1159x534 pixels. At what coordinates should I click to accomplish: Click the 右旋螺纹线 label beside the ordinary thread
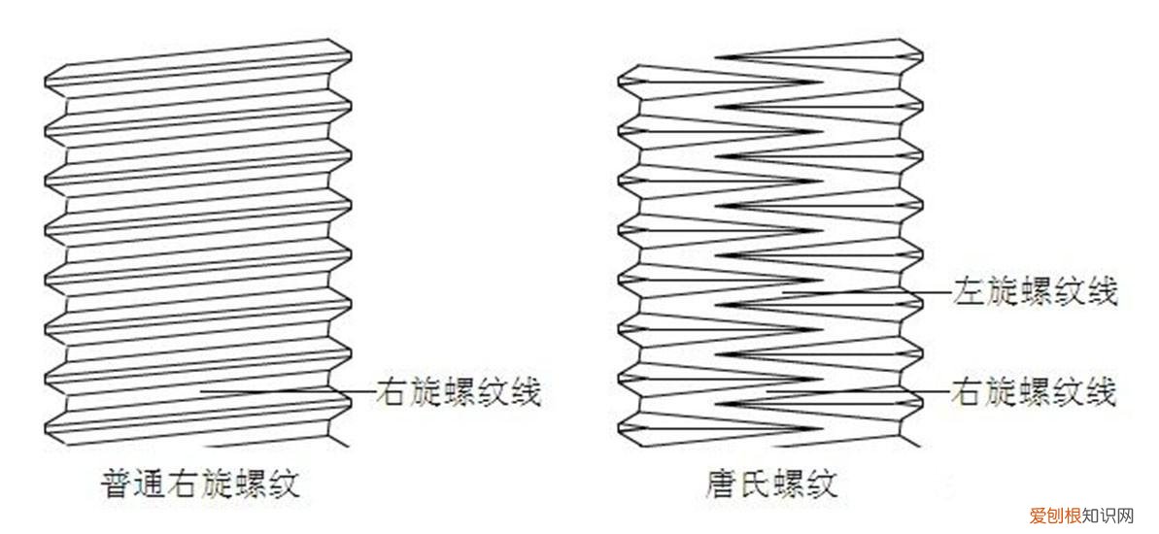pos(458,393)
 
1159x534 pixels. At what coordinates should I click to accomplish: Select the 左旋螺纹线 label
pos(1035,291)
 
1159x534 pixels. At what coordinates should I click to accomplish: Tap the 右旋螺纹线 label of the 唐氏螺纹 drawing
pos(1035,392)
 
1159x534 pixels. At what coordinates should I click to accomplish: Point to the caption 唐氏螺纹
pos(771,484)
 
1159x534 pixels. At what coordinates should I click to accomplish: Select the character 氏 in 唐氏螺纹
pos(755,484)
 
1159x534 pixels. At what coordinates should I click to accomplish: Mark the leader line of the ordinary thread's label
pos(287,392)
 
